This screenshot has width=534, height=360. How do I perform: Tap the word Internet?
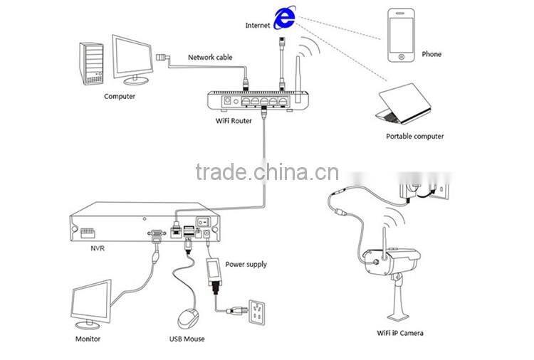258,25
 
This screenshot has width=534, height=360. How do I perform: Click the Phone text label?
431,54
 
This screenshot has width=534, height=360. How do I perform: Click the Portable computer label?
414,136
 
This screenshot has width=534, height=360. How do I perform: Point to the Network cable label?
210,58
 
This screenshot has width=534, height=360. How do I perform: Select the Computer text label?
119,96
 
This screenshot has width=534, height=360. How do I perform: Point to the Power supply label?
246,264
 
